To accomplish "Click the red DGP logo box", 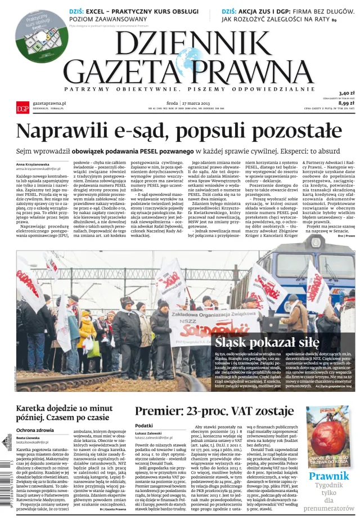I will (x=22, y=107).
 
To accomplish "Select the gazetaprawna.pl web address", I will (x=49, y=104).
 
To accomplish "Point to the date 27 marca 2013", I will (x=197, y=103).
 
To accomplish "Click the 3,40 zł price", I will (x=346, y=93).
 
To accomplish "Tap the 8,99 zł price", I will (x=346, y=103).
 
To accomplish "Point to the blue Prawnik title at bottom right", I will (x=328, y=476).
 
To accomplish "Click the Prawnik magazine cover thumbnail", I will (x=327, y=436).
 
